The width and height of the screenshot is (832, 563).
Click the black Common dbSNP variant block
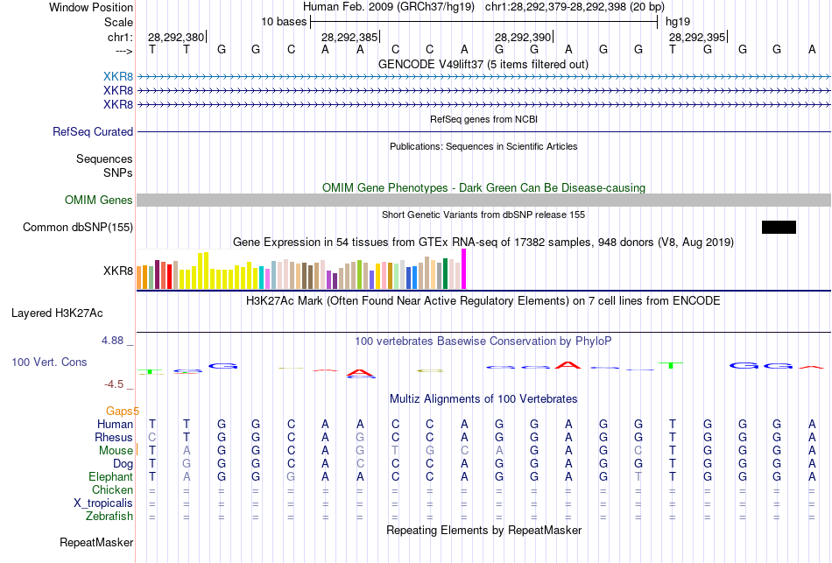(779, 228)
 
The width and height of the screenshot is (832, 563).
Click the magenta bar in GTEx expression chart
(464, 269)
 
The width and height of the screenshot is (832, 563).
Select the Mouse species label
(116, 451)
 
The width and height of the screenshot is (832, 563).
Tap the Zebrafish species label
(109, 517)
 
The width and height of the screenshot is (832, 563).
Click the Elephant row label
(110, 477)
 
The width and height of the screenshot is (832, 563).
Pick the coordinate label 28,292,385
(349, 38)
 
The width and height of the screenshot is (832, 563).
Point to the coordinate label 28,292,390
(523, 38)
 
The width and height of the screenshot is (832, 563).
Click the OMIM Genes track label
(99, 201)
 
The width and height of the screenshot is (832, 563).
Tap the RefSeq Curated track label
(93, 132)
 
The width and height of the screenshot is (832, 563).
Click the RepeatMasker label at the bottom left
(96, 543)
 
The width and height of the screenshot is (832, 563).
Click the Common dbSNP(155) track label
(78, 228)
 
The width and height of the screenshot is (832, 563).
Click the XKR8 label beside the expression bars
(118, 271)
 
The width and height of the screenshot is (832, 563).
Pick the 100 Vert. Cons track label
(49, 362)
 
